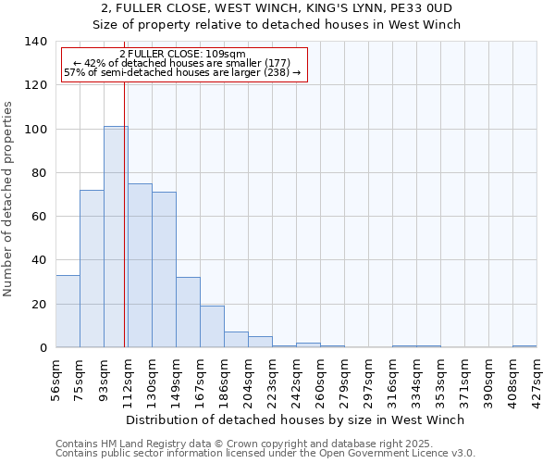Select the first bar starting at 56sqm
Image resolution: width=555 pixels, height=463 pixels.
click(68, 311)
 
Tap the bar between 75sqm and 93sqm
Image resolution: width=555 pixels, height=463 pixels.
click(92, 269)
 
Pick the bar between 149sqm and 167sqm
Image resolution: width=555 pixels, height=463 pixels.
click(188, 312)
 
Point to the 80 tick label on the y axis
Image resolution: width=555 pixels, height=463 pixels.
click(40, 173)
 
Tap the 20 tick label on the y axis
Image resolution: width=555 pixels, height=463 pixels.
click(40, 305)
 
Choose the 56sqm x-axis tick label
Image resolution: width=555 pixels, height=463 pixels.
click(55, 377)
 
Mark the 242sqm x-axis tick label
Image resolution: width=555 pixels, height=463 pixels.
click(296, 378)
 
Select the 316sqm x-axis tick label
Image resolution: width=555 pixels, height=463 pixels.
click(392, 378)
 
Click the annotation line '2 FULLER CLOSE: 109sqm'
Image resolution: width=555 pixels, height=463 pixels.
click(182, 55)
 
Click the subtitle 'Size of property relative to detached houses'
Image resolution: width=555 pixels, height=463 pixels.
click(277, 24)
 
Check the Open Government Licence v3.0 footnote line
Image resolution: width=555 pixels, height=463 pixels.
click(265, 453)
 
